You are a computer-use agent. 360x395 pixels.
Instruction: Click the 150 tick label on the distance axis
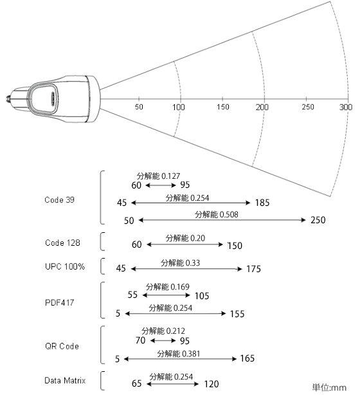pos(223,107)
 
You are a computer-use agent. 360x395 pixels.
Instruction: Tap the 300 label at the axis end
pos(346,107)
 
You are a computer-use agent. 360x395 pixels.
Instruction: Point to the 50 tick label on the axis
pos(139,107)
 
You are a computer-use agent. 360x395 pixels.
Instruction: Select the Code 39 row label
pos(59,200)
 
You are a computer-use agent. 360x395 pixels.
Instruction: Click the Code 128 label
pos(62,243)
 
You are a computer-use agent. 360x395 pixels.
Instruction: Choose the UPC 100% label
pos(65,266)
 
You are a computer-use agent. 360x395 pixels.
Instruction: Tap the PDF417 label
pos(59,302)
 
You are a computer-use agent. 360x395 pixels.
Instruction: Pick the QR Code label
pos(62,346)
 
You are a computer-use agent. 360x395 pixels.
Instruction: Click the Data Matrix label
pos(65,380)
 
